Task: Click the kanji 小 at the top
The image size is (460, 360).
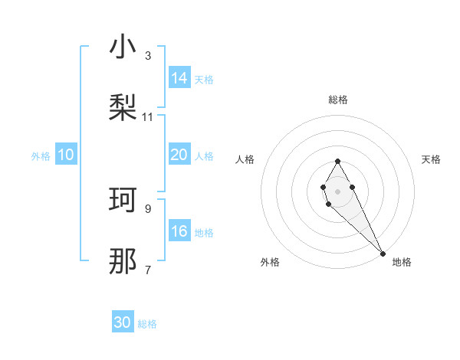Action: point(123,47)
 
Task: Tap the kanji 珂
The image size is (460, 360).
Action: point(123,200)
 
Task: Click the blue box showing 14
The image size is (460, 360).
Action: point(179,77)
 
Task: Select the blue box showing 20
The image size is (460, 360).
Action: point(179,155)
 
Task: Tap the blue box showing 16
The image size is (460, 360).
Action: point(179,231)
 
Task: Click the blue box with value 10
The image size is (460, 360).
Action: point(66,155)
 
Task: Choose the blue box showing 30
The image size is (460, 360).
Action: point(123,322)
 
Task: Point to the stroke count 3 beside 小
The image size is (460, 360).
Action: point(148,56)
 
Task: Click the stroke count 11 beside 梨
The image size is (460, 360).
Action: point(148,117)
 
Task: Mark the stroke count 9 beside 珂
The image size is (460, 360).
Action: point(148,208)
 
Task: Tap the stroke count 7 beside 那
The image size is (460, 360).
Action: point(148,270)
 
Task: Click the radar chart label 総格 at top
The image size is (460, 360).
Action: point(337,100)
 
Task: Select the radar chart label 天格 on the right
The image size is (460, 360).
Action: point(431,159)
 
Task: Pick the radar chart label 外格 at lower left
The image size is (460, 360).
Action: point(270,262)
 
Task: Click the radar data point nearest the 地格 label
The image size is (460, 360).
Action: point(383,252)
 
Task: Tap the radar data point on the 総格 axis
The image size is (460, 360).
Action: point(337,161)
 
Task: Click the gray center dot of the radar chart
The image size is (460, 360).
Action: point(337,190)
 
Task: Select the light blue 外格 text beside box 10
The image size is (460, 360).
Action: point(41,155)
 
